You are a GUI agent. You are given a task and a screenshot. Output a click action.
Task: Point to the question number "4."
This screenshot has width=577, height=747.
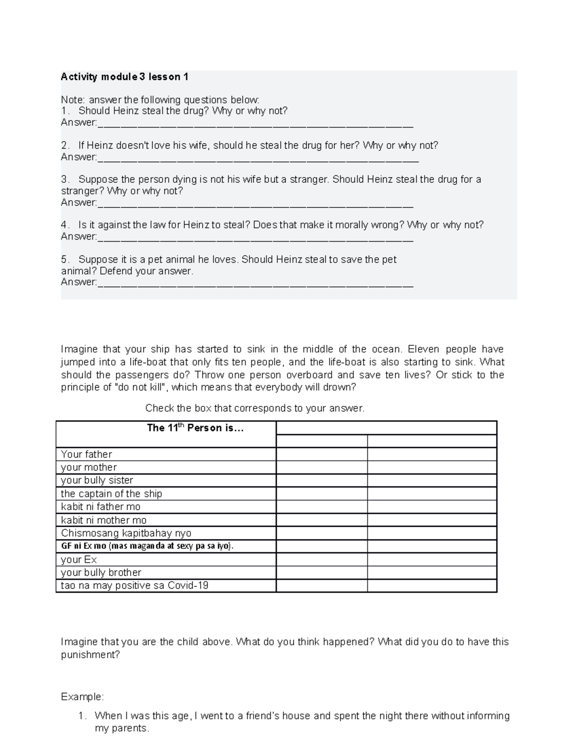[x=65, y=225]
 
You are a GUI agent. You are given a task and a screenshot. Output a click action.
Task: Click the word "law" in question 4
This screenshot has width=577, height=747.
[x=158, y=225]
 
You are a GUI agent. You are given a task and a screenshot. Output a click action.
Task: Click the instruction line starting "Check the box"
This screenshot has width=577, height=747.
[x=255, y=408]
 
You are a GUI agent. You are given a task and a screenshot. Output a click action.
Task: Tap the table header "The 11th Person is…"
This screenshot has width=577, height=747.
[x=195, y=428]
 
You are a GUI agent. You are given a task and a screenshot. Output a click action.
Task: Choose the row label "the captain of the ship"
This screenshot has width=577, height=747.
[x=112, y=494]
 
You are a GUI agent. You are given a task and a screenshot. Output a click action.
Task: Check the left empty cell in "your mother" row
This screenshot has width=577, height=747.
[x=322, y=468]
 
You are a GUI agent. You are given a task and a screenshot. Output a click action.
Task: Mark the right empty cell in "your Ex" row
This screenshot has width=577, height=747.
[x=432, y=559]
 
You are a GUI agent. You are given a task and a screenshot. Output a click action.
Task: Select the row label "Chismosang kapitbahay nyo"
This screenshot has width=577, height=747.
[x=126, y=533]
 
